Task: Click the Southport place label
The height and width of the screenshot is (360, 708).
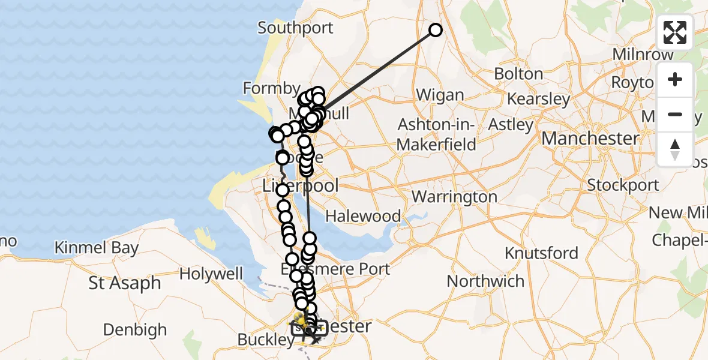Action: click(x=295, y=28)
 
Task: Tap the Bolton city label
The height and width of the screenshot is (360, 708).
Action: click(x=518, y=74)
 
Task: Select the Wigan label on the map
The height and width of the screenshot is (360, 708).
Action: click(x=440, y=95)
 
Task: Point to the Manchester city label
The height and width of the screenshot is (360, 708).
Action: click(x=590, y=139)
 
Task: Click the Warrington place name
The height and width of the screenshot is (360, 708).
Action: click(x=454, y=197)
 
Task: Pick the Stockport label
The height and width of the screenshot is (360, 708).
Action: click(x=623, y=185)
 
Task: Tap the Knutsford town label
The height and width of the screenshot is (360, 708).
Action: click(x=541, y=253)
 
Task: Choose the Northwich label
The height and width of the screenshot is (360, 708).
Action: click(x=485, y=281)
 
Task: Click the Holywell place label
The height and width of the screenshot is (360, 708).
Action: click(x=211, y=274)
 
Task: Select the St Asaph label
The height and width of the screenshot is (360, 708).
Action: click(x=125, y=283)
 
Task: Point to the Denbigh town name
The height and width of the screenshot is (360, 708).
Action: click(x=135, y=329)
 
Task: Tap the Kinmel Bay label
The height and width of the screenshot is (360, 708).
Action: click(x=97, y=248)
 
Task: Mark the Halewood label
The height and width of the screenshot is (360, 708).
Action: click(x=362, y=216)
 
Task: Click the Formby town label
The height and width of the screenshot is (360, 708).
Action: click(x=271, y=89)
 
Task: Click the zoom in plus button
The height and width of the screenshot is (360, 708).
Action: click(x=675, y=80)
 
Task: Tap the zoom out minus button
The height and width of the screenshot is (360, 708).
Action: click(x=675, y=114)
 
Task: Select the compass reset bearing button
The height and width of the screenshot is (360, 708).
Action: click(x=675, y=148)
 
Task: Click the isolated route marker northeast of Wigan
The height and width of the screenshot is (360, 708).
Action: click(x=435, y=30)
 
